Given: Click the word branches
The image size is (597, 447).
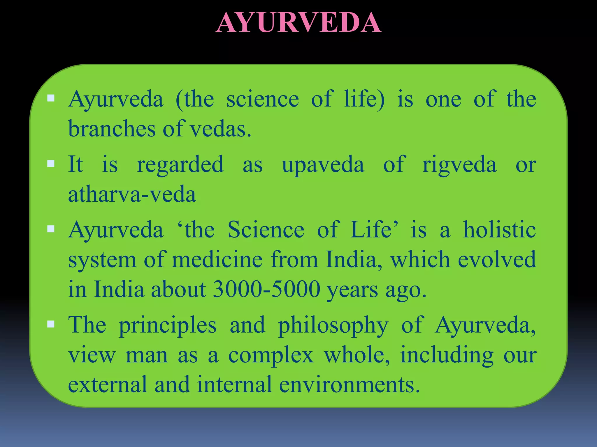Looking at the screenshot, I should pos(112,129).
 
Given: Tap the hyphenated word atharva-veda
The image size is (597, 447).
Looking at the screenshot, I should pos(132,194).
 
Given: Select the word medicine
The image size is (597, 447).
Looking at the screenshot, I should pos(217,260).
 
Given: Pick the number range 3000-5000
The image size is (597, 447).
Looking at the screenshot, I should pos(267,290).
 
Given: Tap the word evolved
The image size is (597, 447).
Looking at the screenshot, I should pos(497,260).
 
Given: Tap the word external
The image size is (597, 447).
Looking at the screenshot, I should pos(107,385).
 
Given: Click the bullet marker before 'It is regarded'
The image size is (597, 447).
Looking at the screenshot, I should pos(51,164).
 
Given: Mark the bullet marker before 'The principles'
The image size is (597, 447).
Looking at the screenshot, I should pos(51,324).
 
